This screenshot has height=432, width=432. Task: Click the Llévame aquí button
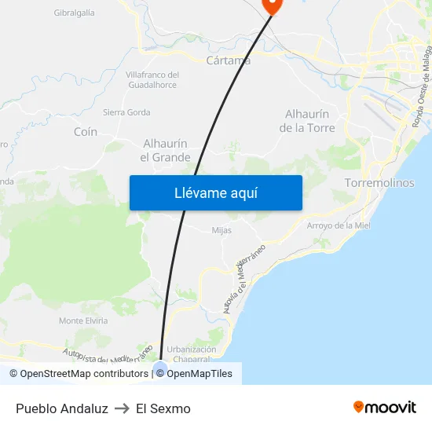[x=215, y=192]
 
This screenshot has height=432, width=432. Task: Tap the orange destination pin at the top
[x=273, y=5]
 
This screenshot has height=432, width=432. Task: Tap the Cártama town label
[x=228, y=60]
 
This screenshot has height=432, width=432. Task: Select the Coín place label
[x=86, y=132]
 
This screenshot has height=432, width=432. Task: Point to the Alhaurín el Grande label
[x=165, y=150]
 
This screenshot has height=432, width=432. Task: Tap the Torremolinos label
[x=379, y=183]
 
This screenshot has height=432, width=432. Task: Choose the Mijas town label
[x=221, y=230]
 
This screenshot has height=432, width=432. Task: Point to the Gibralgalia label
[x=74, y=13]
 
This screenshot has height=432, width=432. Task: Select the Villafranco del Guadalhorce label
[x=152, y=79]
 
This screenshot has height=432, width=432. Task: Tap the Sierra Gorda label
[x=126, y=112]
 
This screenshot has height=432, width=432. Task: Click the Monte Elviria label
[x=83, y=320]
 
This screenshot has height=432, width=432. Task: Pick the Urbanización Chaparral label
[x=192, y=355]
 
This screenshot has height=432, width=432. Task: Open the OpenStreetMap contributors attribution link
[x=79, y=374]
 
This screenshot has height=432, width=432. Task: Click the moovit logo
[x=385, y=408]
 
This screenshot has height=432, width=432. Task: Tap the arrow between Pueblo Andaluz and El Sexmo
[x=122, y=408]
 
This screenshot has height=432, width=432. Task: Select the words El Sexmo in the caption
[x=163, y=408]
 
